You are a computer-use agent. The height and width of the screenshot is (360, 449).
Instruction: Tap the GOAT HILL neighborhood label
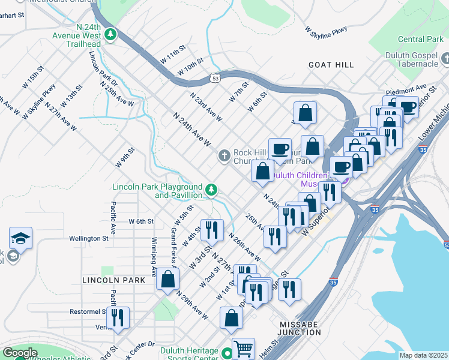point(331,64)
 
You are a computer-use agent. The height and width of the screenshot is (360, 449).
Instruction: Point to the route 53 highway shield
point(215,78)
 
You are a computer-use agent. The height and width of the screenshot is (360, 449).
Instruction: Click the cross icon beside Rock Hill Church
point(224,157)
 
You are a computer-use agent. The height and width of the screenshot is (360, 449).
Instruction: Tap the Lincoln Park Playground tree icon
point(211,190)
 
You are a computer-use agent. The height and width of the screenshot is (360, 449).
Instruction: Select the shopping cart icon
point(243,348)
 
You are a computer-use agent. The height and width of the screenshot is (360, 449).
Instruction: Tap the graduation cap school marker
point(21,238)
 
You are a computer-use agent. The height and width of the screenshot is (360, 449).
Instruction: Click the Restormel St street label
point(88,311)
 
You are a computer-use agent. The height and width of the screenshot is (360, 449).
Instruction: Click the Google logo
point(19,353)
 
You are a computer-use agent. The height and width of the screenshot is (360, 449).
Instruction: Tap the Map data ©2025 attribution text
point(423,355)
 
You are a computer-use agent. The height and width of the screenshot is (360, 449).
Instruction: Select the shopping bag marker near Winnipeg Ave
point(168,278)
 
